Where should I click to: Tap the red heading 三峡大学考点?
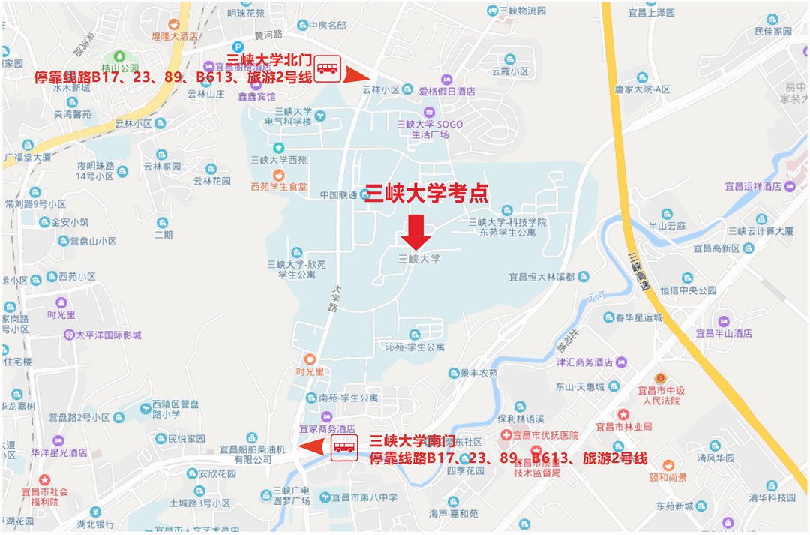(x=426, y=194)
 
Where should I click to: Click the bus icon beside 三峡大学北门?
(x=327, y=68)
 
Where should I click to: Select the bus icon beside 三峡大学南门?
(x=345, y=447)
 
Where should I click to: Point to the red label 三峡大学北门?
(x=270, y=59)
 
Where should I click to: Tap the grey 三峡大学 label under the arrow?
(x=419, y=259)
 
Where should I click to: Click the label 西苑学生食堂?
(x=279, y=187)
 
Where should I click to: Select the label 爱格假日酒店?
(x=447, y=91)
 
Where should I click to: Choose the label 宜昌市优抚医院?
(x=546, y=435)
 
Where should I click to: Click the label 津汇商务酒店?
(x=585, y=362)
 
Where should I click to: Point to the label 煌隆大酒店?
(x=175, y=35)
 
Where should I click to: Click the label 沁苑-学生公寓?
(x=415, y=347)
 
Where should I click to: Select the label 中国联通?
(x=339, y=195)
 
